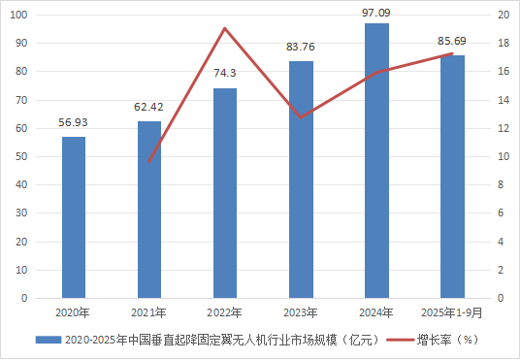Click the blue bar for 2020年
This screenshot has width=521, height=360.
[x=74, y=217]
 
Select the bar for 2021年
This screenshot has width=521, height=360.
[x=149, y=210]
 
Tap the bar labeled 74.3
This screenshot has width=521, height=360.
[x=225, y=193]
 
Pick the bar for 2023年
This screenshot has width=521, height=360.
[x=301, y=180]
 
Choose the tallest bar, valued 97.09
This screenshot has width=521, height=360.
[x=376, y=161]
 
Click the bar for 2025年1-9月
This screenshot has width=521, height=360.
[x=452, y=177]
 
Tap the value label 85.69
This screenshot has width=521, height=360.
[x=452, y=43]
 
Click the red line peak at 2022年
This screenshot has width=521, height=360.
[x=225, y=28]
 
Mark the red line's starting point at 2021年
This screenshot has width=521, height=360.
[x=149, y=161]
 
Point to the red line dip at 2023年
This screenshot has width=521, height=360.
[x=301, y=117]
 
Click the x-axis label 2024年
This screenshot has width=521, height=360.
[x=376, y=312]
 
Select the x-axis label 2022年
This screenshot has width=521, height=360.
[x=225, y=312]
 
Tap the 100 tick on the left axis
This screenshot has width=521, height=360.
[x=19, y=16]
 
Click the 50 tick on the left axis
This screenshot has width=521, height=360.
[x=22, y=156]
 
